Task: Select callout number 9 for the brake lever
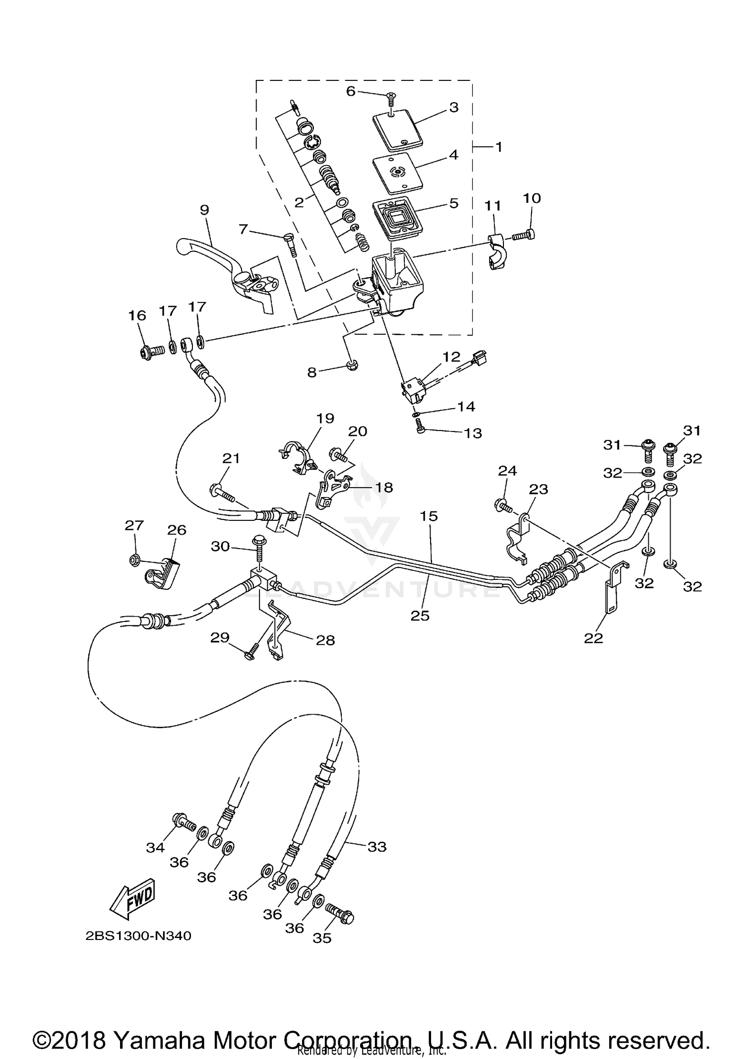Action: click(x=204, y=210)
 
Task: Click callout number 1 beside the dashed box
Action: click(x=498, y=147)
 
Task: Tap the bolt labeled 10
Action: click(x=524, y=235)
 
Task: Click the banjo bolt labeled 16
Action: click(x=150, y=352)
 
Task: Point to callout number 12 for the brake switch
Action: click(x=451, y=357)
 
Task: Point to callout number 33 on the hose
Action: click(x=376, y=847)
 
